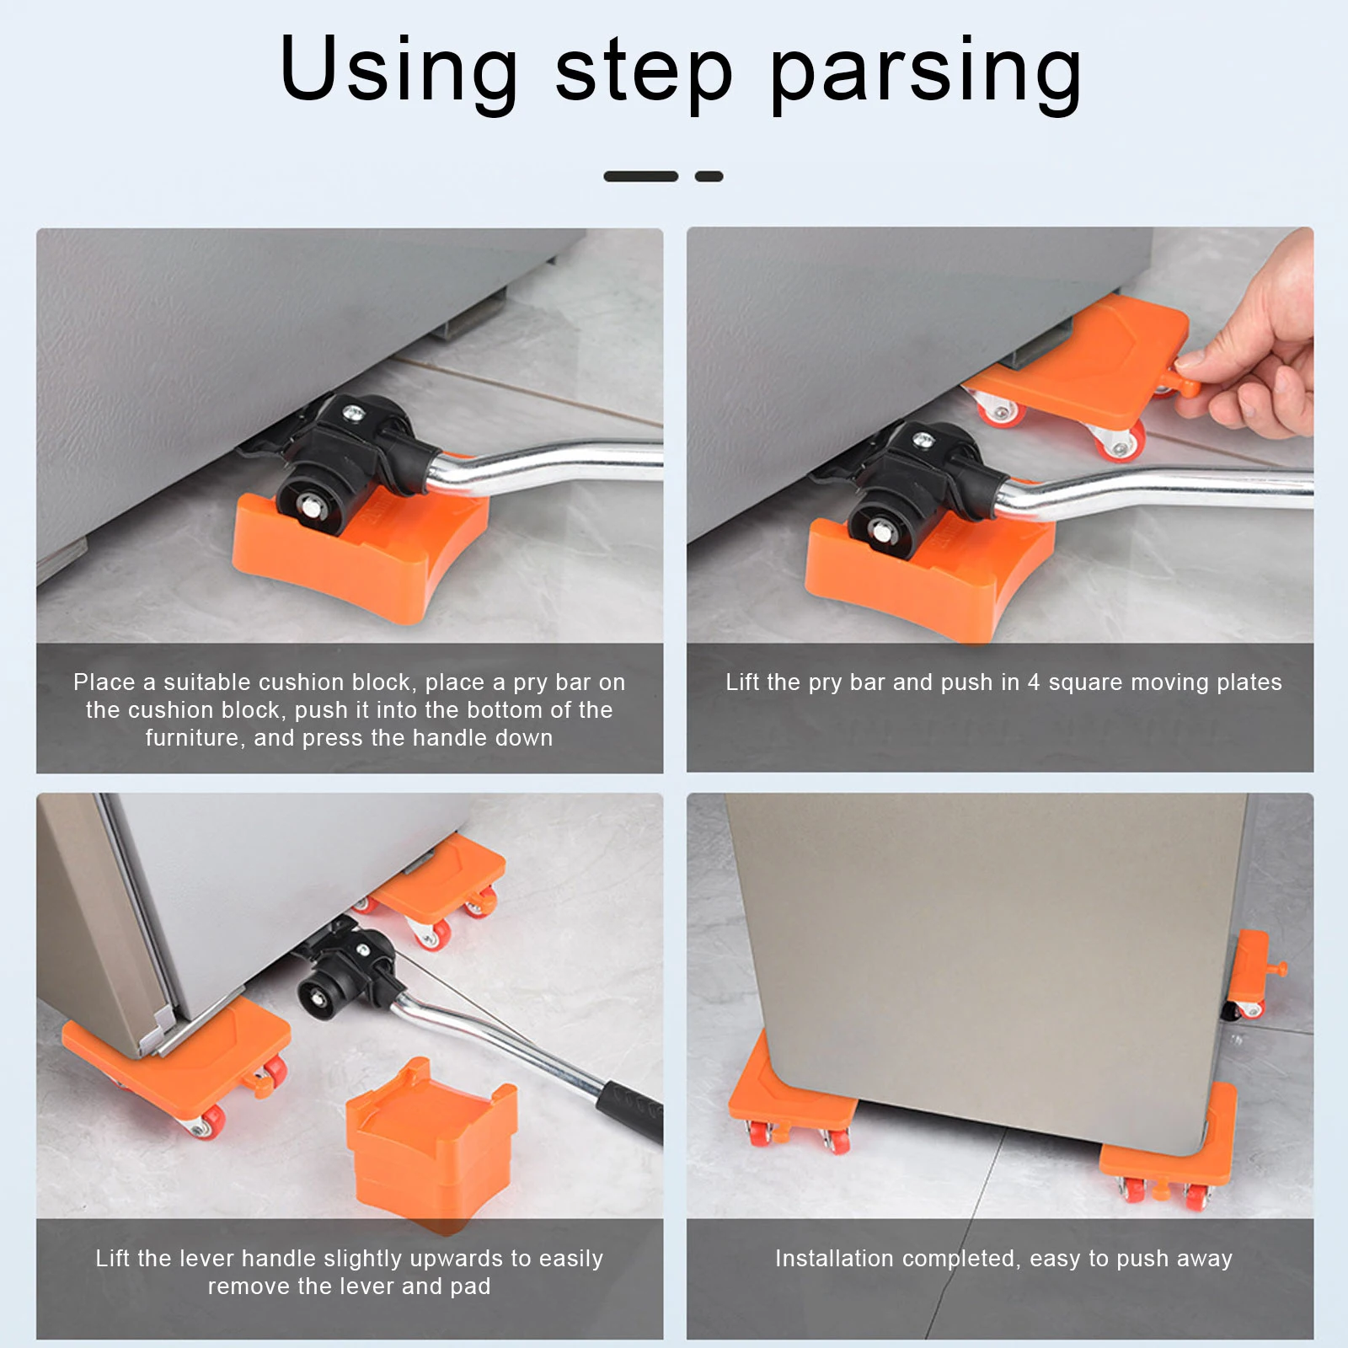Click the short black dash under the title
(x=709, y=176)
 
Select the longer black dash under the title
(x=640, y=176)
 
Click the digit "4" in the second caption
(x=1034, y=682)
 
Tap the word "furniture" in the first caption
(x=192, y=738)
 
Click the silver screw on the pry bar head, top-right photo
(x=924, y=439)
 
